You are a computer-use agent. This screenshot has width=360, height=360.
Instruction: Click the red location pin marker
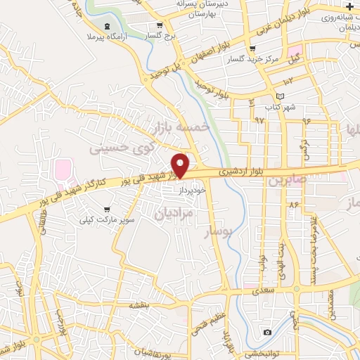(x=181, y=165)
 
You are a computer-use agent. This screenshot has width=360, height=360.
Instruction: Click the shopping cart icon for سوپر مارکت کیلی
(x=106, y=209)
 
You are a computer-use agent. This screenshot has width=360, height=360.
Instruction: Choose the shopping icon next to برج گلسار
(x=149, y=34)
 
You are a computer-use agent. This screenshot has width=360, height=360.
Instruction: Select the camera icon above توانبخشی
(x=267, y=332)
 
